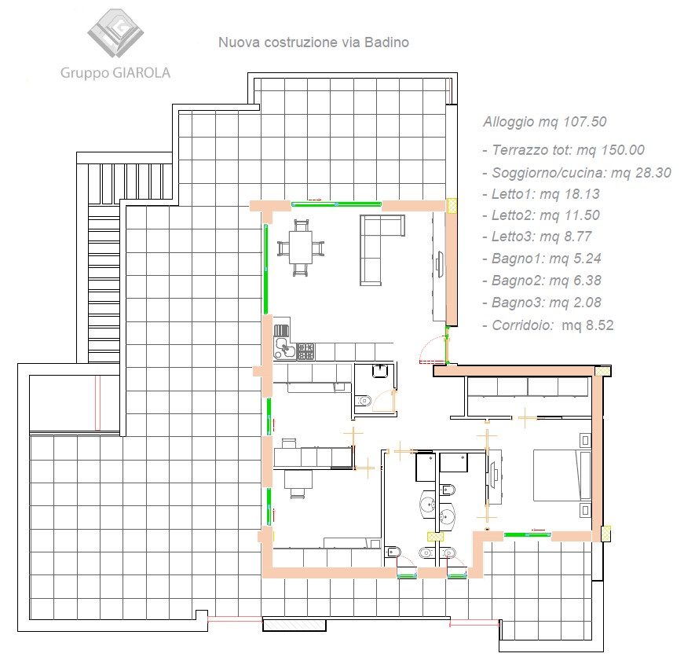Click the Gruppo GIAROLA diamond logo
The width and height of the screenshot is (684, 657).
[115, 33]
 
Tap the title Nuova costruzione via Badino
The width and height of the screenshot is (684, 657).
[313, 42]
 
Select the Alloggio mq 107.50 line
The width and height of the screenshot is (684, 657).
[545, 122]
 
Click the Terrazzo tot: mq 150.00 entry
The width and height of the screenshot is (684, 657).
[564, 150]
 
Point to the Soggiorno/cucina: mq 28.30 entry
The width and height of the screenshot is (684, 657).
[576, 173]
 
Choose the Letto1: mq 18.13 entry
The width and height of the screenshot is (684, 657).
[541, 194]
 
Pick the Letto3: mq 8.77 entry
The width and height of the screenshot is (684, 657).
[537, 237]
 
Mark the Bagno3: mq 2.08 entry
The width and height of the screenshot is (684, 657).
[542, 303]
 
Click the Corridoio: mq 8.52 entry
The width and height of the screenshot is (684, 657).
[548, 325]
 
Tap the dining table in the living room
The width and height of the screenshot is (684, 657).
[301, 248]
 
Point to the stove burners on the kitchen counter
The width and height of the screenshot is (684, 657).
[305, 351]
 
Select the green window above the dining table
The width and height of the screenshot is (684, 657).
[336, 204]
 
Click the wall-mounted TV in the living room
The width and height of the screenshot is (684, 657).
[440, 265]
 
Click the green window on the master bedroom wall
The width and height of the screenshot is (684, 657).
[528, 534]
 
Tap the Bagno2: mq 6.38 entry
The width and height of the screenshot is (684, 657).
[542, 281]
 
